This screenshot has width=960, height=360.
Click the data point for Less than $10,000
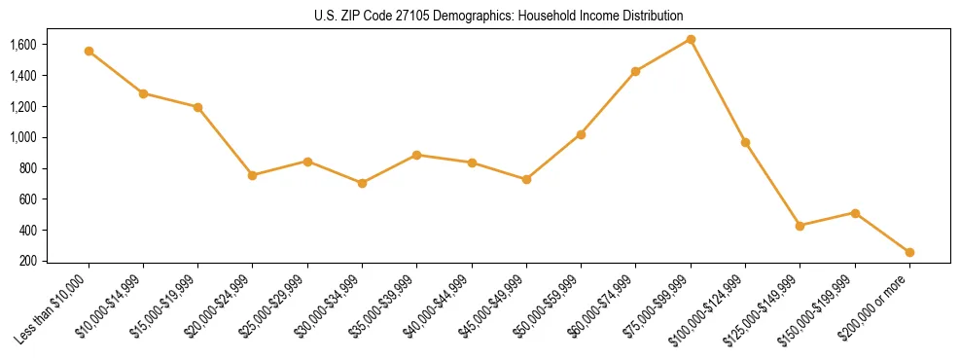pyautogui.click(x=89, y=51)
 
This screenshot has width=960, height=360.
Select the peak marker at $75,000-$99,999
pyautogui.click(x=691, y=39)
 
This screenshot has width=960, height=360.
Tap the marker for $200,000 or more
pyautogui.click(x=909, y=252)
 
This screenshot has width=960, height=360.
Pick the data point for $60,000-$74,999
pyautogui.click(x=636, y=71)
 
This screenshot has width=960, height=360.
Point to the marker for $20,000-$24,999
pyautogui.click(x=253, y=175)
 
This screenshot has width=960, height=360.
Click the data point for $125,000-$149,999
pyautogui.click(x=800, y=226)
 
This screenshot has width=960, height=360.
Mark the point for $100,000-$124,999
pyautogui.click(x=745, y=142)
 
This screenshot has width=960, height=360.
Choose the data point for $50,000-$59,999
pyautogui.click(x=581, y=134)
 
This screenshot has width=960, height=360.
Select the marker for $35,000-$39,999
pyautogui.click(x=416, y=155)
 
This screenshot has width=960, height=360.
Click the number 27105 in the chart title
pyautogui.click(x=393, y=17)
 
